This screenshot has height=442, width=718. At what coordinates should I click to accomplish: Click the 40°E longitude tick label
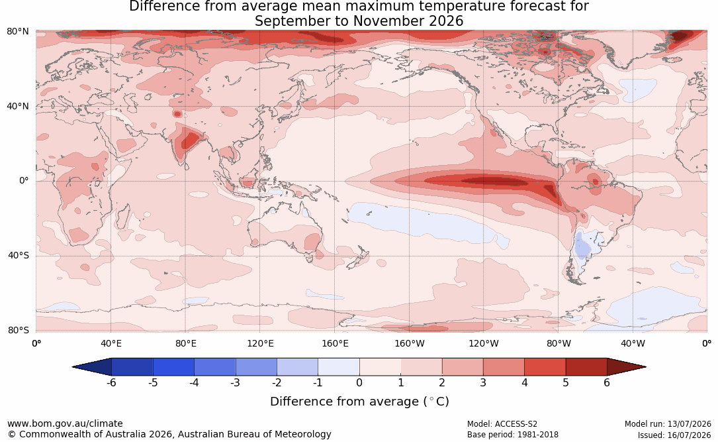[111, 343]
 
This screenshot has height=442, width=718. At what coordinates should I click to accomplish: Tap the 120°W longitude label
[484, 343]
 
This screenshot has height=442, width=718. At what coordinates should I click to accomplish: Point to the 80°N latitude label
[17, 32]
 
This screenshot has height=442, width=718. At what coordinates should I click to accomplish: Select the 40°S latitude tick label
[19, 255]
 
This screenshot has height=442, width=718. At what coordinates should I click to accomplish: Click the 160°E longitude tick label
[335, 343]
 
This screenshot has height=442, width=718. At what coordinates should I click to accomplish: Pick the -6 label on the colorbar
[111, 382]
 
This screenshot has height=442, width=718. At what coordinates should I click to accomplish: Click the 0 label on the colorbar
[359, 382]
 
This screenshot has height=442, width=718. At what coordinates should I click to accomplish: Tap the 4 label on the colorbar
[525, 382]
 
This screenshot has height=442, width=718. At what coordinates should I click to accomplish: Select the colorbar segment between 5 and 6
[586, 367]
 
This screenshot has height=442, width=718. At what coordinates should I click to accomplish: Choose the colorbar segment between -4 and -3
[215, 367]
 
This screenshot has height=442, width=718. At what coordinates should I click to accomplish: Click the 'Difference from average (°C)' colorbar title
[359, 402]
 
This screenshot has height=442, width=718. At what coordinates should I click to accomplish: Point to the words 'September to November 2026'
[359, 21]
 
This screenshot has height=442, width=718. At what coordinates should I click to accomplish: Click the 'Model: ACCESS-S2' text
[502, 424]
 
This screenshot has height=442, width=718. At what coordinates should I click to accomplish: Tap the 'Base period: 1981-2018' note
[513, 435]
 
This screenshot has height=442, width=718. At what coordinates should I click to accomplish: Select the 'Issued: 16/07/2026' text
[674, 435]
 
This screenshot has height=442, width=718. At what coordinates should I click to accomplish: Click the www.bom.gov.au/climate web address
[65, 423]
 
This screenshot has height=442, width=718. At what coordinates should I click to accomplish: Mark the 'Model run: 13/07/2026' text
[668, 424]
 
